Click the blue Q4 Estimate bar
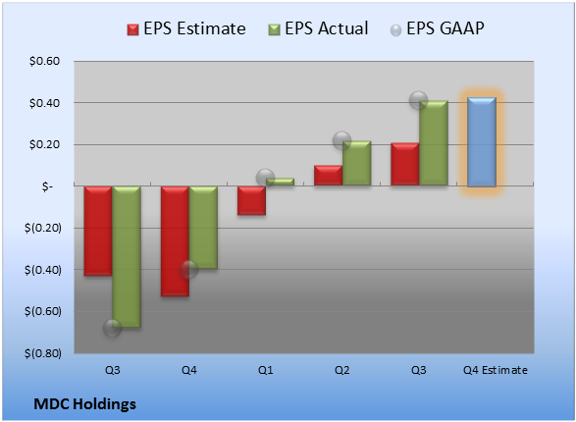[482, 141]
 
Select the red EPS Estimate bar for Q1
[251, 200]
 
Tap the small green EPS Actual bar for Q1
[280, 182]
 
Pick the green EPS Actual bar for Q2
[356, 163]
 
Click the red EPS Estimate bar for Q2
[328, 176]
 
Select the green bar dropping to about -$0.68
[127, 256]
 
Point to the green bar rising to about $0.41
[434, 143]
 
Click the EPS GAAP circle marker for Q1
[265, 179]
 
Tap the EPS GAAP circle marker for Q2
[341, 140]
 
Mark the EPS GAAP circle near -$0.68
[113, 328]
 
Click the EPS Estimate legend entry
[186, 28]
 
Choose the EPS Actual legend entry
[318, 28]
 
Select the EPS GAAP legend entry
[437, 28]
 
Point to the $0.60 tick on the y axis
[44, 61]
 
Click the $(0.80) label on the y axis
[42, 353]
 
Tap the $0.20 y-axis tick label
[44, 144]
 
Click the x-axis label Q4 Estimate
[496, 370]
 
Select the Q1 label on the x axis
[265, 370]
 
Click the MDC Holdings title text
[84, 404]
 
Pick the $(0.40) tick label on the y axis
[42, 270]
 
